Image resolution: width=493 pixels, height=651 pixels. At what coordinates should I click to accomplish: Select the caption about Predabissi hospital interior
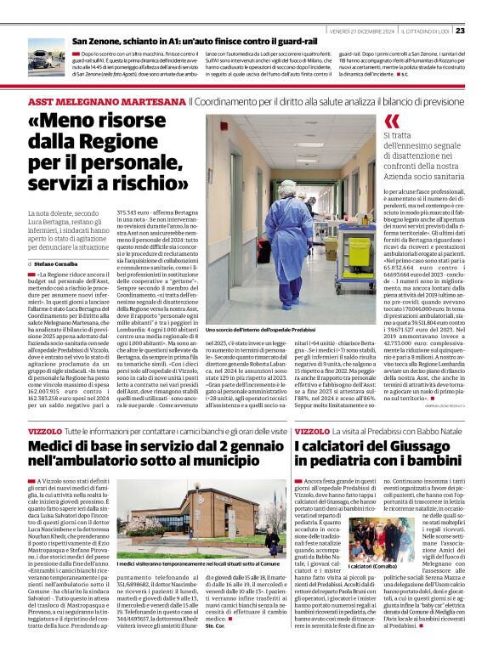click(x=262, y=328)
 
